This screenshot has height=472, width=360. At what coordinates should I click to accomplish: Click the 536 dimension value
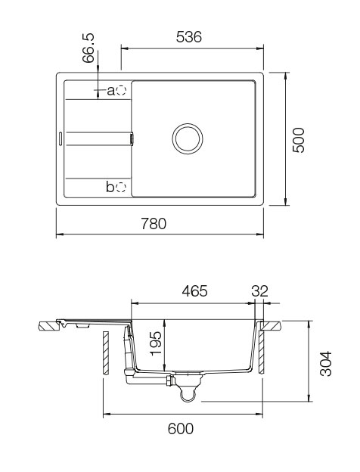[188, 37]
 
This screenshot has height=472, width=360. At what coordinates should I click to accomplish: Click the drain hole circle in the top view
[187, 138]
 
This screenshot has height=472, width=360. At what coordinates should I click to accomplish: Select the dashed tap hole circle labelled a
[122, 91]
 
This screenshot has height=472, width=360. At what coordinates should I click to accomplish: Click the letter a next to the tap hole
[110, 91]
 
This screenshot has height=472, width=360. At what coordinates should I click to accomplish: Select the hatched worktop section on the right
[272, 326]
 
